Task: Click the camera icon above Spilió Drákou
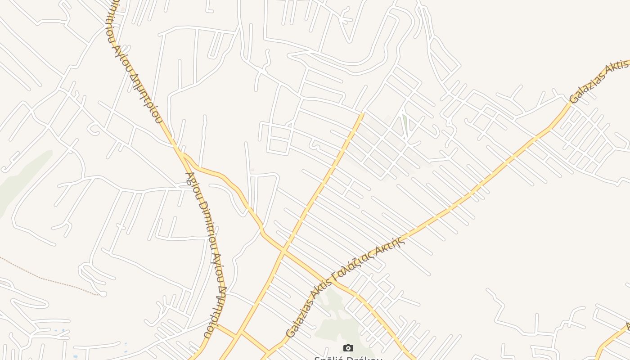[348, 348]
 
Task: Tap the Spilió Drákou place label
[348, 358]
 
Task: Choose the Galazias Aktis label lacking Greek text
[598, 81]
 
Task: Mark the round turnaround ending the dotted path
[103, 294]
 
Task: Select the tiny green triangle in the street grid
[405, 124]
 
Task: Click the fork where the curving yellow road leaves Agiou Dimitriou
[180, 153]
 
